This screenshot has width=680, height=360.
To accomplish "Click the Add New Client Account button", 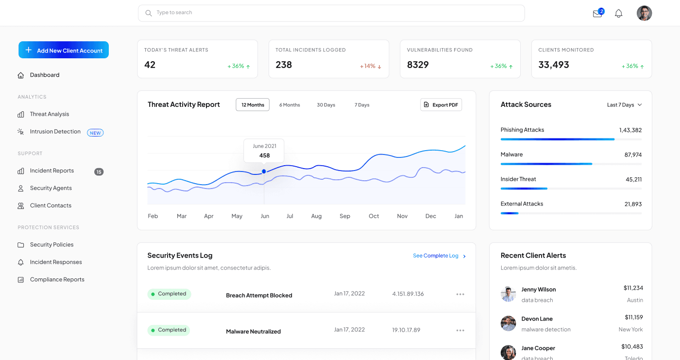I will click(64, 50).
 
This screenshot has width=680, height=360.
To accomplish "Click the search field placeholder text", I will click(174, 13).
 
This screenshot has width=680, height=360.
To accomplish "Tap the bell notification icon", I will click(618, 14).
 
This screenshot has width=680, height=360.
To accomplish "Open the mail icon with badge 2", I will click(597, 14).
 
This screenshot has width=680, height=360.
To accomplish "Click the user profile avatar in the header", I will click(644, 13).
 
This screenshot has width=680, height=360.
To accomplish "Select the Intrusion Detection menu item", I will click(55, 132).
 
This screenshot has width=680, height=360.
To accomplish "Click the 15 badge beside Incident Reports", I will click(99, 171).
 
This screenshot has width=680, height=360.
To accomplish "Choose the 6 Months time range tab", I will click(289, 105).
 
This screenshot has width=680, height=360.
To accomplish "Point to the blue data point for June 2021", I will click(264, 171).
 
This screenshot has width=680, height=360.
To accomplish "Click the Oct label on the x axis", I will click(374, 216).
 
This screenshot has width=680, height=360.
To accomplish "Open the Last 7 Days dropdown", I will click(624, 105).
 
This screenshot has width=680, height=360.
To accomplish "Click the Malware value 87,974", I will click(633, 155).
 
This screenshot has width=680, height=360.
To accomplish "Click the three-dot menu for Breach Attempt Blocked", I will click(460, 294).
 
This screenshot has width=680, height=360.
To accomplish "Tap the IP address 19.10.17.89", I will click(406, 330).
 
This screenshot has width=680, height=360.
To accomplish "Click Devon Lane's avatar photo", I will click(508, 324).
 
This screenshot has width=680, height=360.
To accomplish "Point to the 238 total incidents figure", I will click(284, 65).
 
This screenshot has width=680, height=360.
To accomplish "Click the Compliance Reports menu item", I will click(57, 279).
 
